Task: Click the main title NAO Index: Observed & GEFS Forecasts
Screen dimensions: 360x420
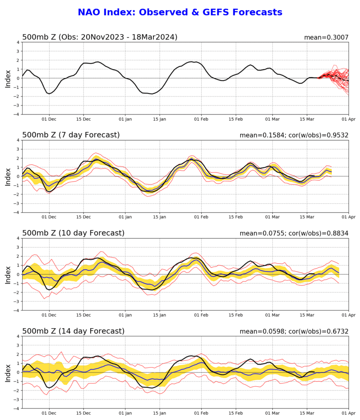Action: tap(180, 12)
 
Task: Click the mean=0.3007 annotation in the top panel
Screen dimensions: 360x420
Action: tap(326, 37)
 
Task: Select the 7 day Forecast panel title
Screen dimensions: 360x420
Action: tap(71, 135)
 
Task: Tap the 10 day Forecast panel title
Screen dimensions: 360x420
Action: tap(73, 233)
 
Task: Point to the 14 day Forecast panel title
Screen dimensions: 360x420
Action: tap(73, 331)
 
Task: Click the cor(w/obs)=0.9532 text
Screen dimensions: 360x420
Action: tap(319, 135)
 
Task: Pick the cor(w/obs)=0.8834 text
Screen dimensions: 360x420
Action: tap(319, 233)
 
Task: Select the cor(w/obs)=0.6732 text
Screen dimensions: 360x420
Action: tap(319, 331)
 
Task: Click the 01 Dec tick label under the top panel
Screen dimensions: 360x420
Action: tap(49, 119)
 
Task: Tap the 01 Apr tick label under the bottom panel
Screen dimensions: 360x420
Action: tap(349, 413)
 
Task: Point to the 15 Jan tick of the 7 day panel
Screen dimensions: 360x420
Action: tap(159, 217)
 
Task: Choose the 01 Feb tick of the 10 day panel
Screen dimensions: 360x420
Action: tap(201, 315)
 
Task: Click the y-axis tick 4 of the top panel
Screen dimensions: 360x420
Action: tap(18, 42)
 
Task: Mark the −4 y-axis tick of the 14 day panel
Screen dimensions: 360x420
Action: tap(17, 409)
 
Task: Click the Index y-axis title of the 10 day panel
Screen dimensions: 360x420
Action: tap(8, 275)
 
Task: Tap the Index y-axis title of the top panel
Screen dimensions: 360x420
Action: tap(8, 79)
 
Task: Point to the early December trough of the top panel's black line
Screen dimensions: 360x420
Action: tap(49, 94)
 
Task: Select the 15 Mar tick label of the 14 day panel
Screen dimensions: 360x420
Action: tap(307, 413)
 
